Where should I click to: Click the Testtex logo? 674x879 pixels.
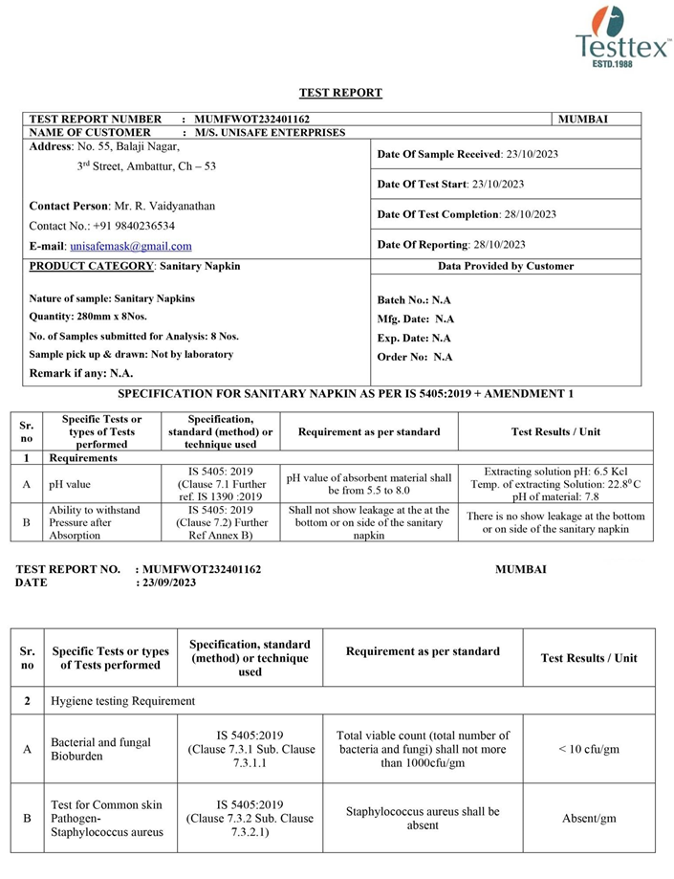click(x=622, y=34)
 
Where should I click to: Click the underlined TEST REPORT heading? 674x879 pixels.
click(x=340, y=93)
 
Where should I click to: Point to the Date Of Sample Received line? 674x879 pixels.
click(x=461, y=154)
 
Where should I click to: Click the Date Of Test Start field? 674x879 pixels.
click(x=450, y=184)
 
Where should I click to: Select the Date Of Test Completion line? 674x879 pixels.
click(x=467, y=214)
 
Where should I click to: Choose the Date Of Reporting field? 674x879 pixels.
click(x=451, y=245)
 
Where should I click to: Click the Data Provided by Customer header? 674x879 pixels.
click(x=506, y=266)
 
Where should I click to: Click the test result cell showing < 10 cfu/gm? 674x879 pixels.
click(x=589, y=749)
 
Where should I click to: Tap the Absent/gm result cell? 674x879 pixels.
click(x=589, y=818)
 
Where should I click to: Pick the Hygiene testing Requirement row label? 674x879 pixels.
click(x=122, y=701)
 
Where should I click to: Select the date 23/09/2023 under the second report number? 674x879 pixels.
click(x=168, y=582)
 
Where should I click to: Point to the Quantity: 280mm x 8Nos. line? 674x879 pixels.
click(x=98, y=317)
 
